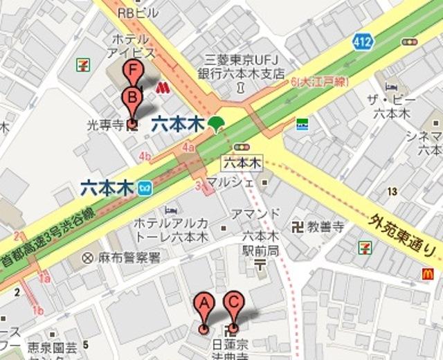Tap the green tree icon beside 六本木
(x=217, y=124)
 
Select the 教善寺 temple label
(x=325, y=226)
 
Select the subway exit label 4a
(x=188, y=148)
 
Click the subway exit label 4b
(x=145, y=156)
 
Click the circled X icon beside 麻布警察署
(x=88, y=258)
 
